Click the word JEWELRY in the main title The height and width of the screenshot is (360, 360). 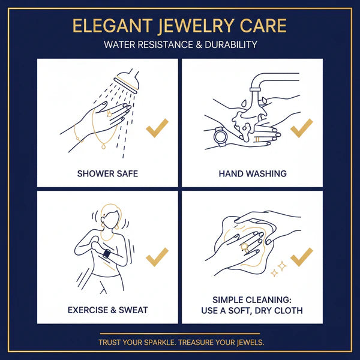(x=196, y=26)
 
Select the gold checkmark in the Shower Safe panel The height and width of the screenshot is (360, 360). (x=157, y=128)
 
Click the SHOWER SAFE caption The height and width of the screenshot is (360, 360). (x=107, y=173)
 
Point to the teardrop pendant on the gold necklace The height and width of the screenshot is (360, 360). (x=104, y=146)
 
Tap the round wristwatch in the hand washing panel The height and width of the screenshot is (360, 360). (x=220, y=137)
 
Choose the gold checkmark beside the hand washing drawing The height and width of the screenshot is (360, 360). (x=301, y=128)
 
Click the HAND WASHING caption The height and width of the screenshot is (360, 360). (x=253, y=173)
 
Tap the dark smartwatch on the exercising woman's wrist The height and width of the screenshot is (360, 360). (x=107, y=253)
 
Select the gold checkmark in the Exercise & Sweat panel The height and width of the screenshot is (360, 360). (x=157, y=257)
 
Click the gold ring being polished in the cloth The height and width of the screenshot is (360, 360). (x=244, y=247)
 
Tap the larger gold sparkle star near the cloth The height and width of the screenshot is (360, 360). (x=282, y=266)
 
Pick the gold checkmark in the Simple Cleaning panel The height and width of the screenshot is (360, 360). (x=301, y=257)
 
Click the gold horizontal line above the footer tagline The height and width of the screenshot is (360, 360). (x=180, y=334)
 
